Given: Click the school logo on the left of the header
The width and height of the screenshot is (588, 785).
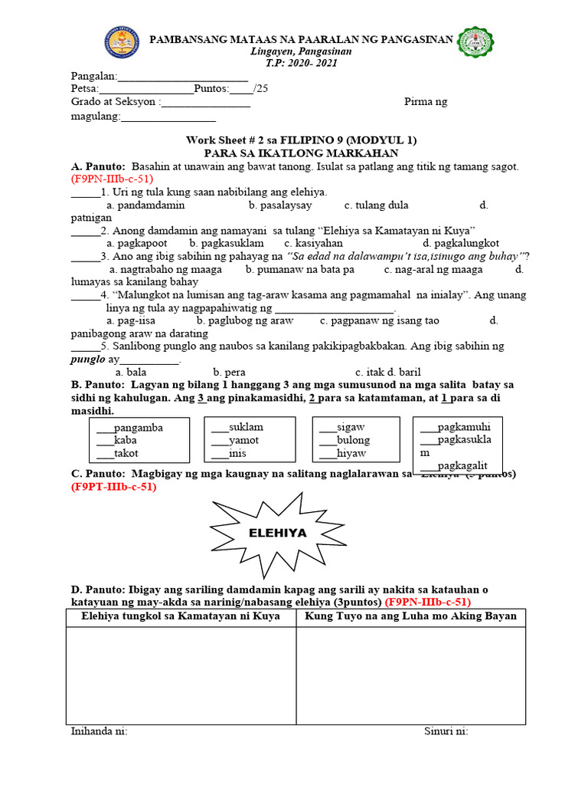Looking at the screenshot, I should click(x=123, y=45).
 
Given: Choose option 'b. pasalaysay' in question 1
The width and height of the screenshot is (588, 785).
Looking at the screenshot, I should click(x=279, y=205).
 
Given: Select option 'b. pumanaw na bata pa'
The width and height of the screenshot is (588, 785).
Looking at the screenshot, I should click(x=300, y=269).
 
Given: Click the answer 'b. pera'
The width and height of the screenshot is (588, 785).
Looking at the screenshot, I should click(x=229, y=372).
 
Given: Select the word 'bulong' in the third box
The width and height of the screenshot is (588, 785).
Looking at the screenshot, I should click(x=353, y=440).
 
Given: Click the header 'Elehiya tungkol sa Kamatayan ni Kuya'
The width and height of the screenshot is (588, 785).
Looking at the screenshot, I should click(x=181, y=616).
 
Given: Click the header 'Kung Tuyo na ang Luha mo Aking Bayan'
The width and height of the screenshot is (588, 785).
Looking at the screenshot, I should click(x=410, y=616).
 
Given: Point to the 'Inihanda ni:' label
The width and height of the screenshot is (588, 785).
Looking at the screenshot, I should click(x=99, y=731).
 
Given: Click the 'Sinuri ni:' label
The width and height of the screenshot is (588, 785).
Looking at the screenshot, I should click(x=446, y=731).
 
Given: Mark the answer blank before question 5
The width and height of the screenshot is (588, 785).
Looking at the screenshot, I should click(x=85, y=347).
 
